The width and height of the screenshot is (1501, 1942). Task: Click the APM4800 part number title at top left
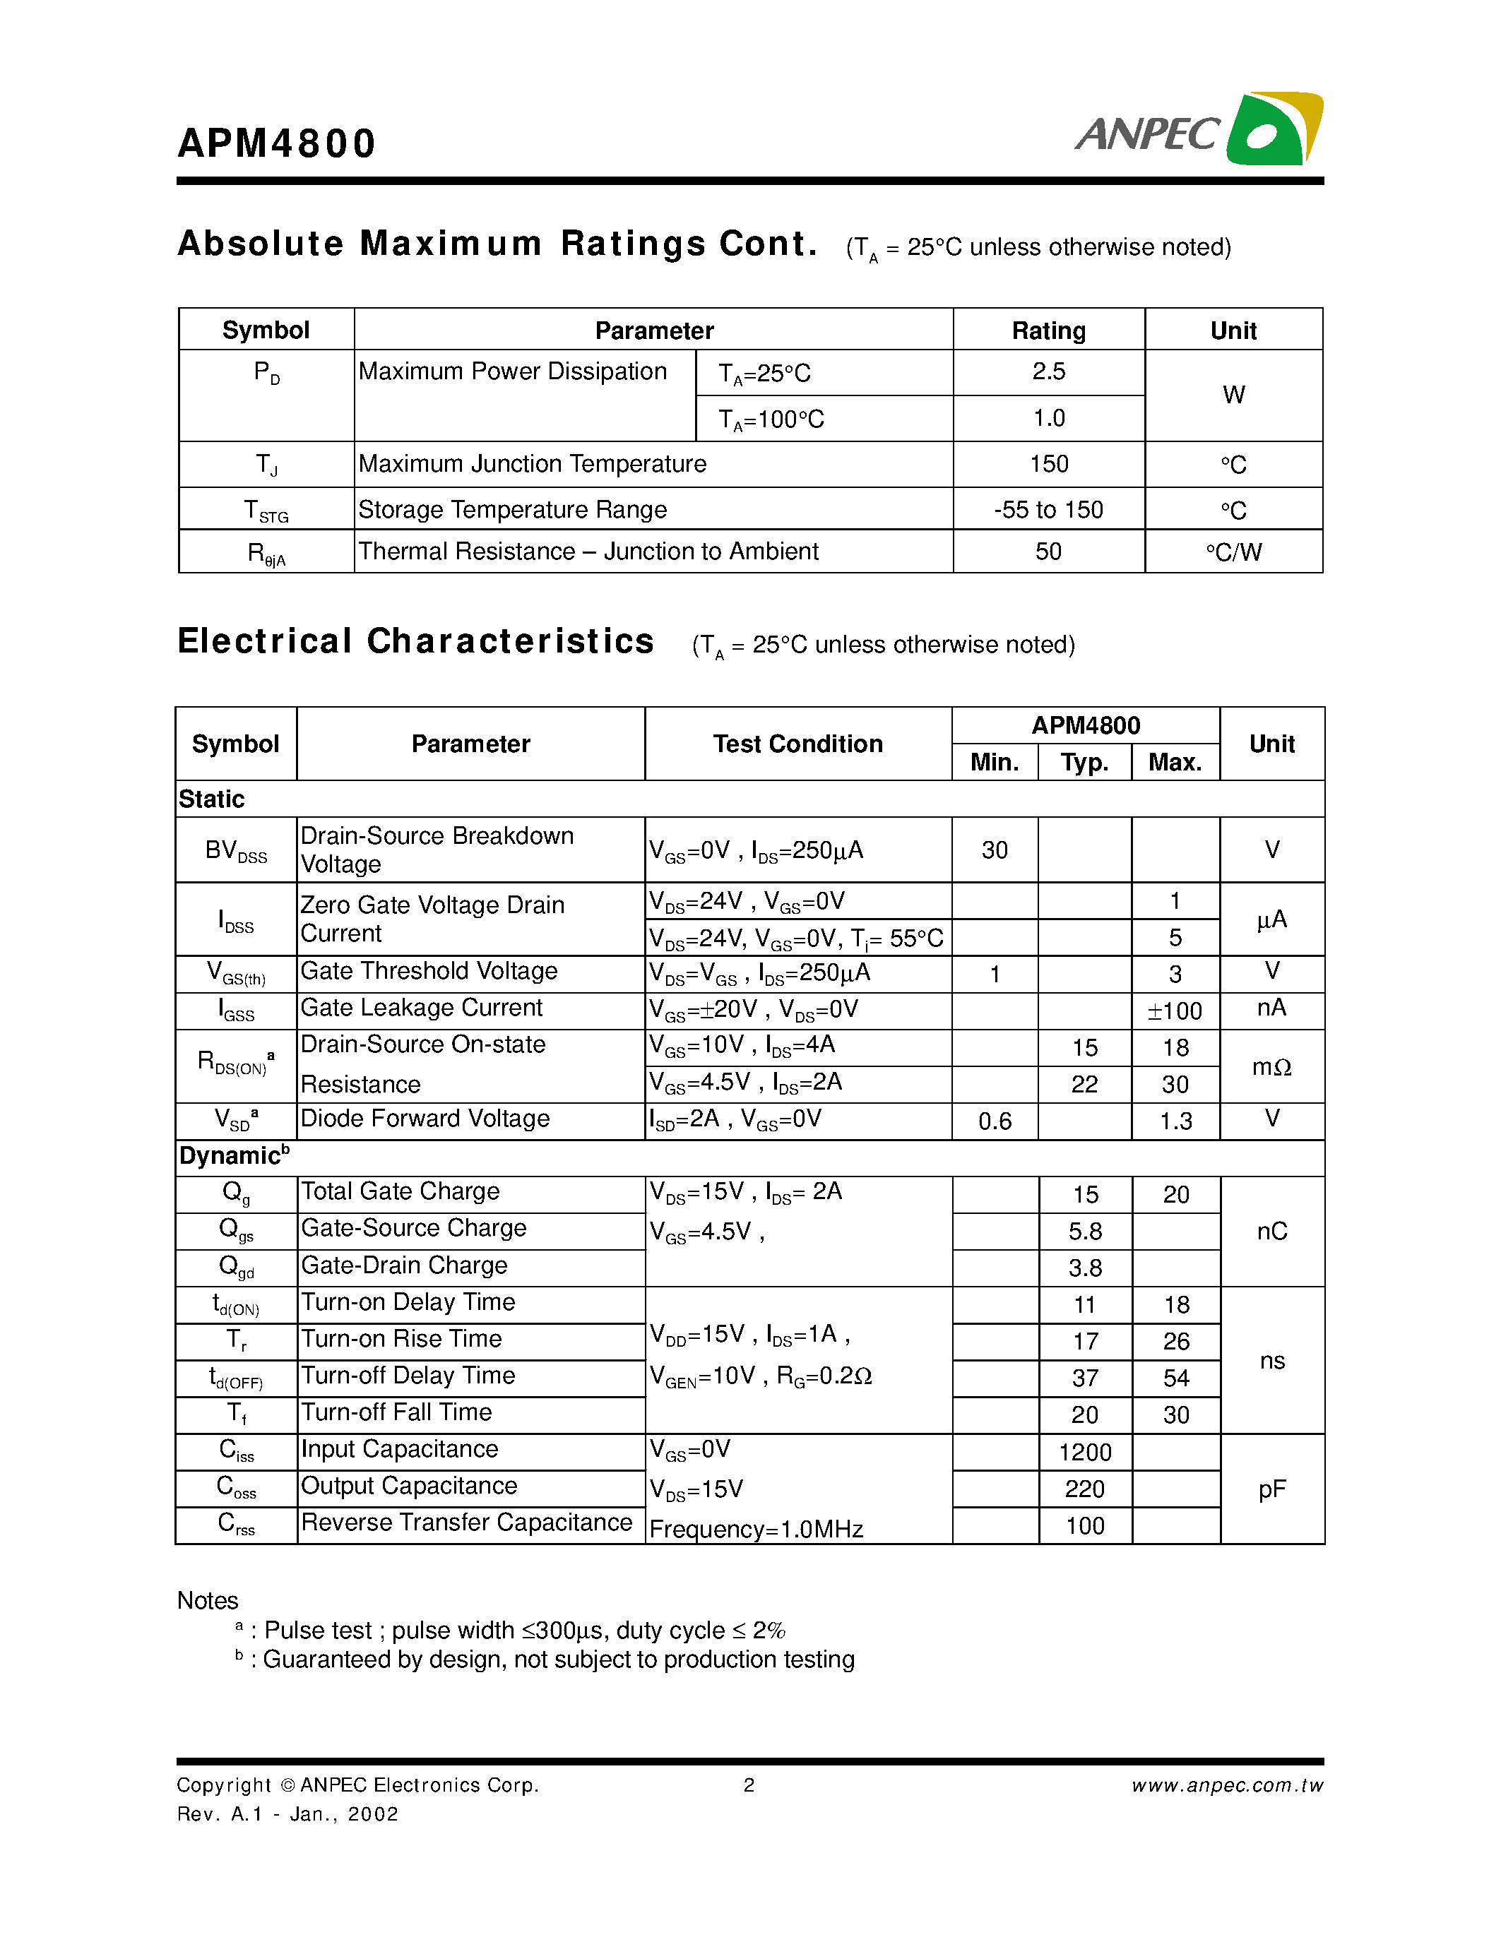[x=277, y=143]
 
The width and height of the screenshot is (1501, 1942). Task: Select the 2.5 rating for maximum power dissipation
[x=1048, y=371]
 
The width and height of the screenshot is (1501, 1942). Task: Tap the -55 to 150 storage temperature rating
[x=1048, y=509]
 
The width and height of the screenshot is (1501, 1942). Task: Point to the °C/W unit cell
[x=1233, y=552]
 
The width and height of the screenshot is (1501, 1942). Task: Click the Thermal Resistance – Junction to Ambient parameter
[x=588, y=552]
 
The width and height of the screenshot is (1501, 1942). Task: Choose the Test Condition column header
[x=797, y=744]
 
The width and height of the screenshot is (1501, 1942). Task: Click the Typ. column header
[x=1084, y=762]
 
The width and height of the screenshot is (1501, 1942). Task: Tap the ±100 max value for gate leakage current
[x=1175, y=1011]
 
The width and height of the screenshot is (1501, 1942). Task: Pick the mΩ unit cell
[x=1271, y=1066]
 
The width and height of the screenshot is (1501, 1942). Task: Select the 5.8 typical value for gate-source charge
[x=1085, y=1232]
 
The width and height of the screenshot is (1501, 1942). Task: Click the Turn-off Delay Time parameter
[x=408, y=1376]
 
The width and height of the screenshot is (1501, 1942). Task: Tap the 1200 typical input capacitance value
[x=1085, y=1452]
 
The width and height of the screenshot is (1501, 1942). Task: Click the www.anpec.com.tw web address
[x=1227, y=1785]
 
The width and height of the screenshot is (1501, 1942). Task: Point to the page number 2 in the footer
[x=749, y=1785]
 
